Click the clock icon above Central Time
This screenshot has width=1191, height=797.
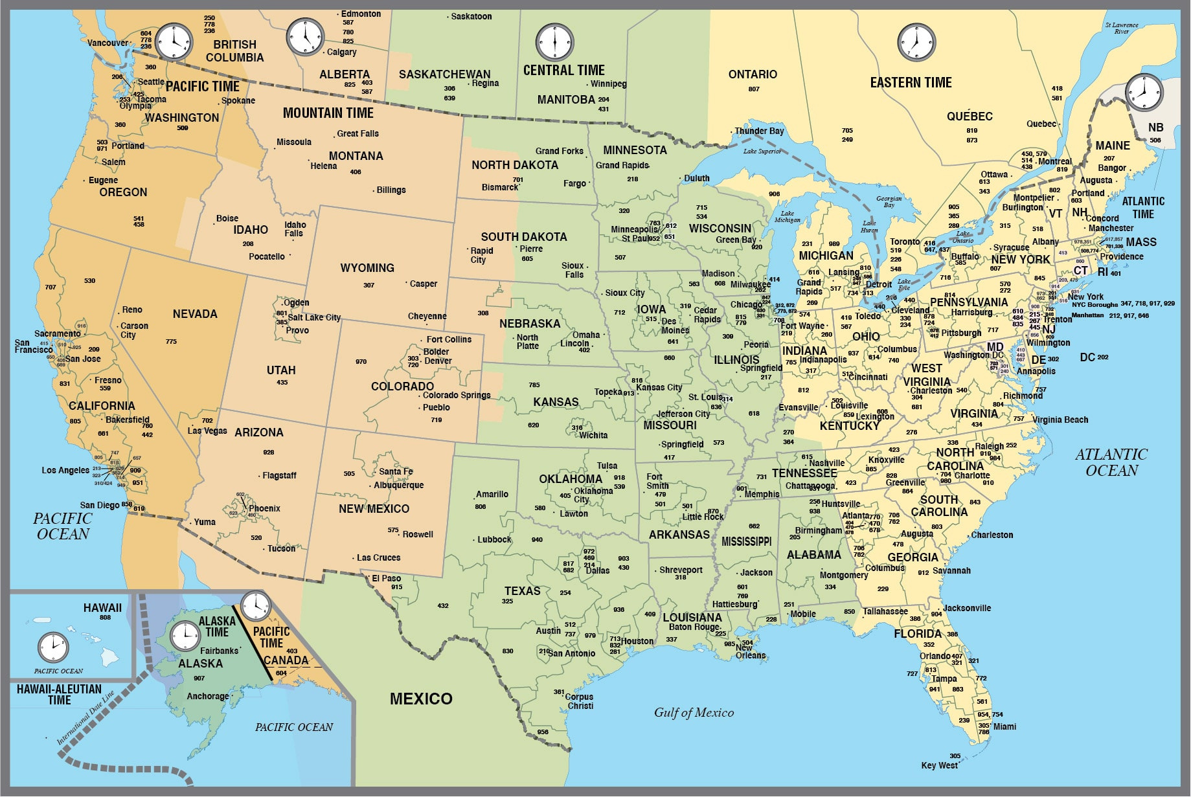[555, 43]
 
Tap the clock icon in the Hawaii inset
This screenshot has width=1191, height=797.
[53, 647]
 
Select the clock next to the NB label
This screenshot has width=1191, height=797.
[1144, 92]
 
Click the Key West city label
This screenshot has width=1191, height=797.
[939, 765]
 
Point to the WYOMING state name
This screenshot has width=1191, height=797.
[367, 268]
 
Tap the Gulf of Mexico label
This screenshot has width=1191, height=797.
[694, 713]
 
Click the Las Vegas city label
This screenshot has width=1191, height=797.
[207, 431]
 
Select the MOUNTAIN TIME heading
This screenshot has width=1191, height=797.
[328, 113]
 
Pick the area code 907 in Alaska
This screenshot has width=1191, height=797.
[199, 679]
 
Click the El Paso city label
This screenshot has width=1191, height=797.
[386, 578]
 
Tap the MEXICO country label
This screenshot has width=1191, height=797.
[421, 699]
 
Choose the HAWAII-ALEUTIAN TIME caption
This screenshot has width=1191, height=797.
[59, 695]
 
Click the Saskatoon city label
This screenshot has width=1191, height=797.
[471, 16]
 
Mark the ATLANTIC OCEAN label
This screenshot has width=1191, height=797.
[1111, 462]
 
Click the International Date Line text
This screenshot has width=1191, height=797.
[85, 718]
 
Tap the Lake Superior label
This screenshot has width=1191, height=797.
[762, 152]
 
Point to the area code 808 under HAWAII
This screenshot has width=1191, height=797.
[105, 618]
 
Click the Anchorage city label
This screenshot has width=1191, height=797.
[207, 696]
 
